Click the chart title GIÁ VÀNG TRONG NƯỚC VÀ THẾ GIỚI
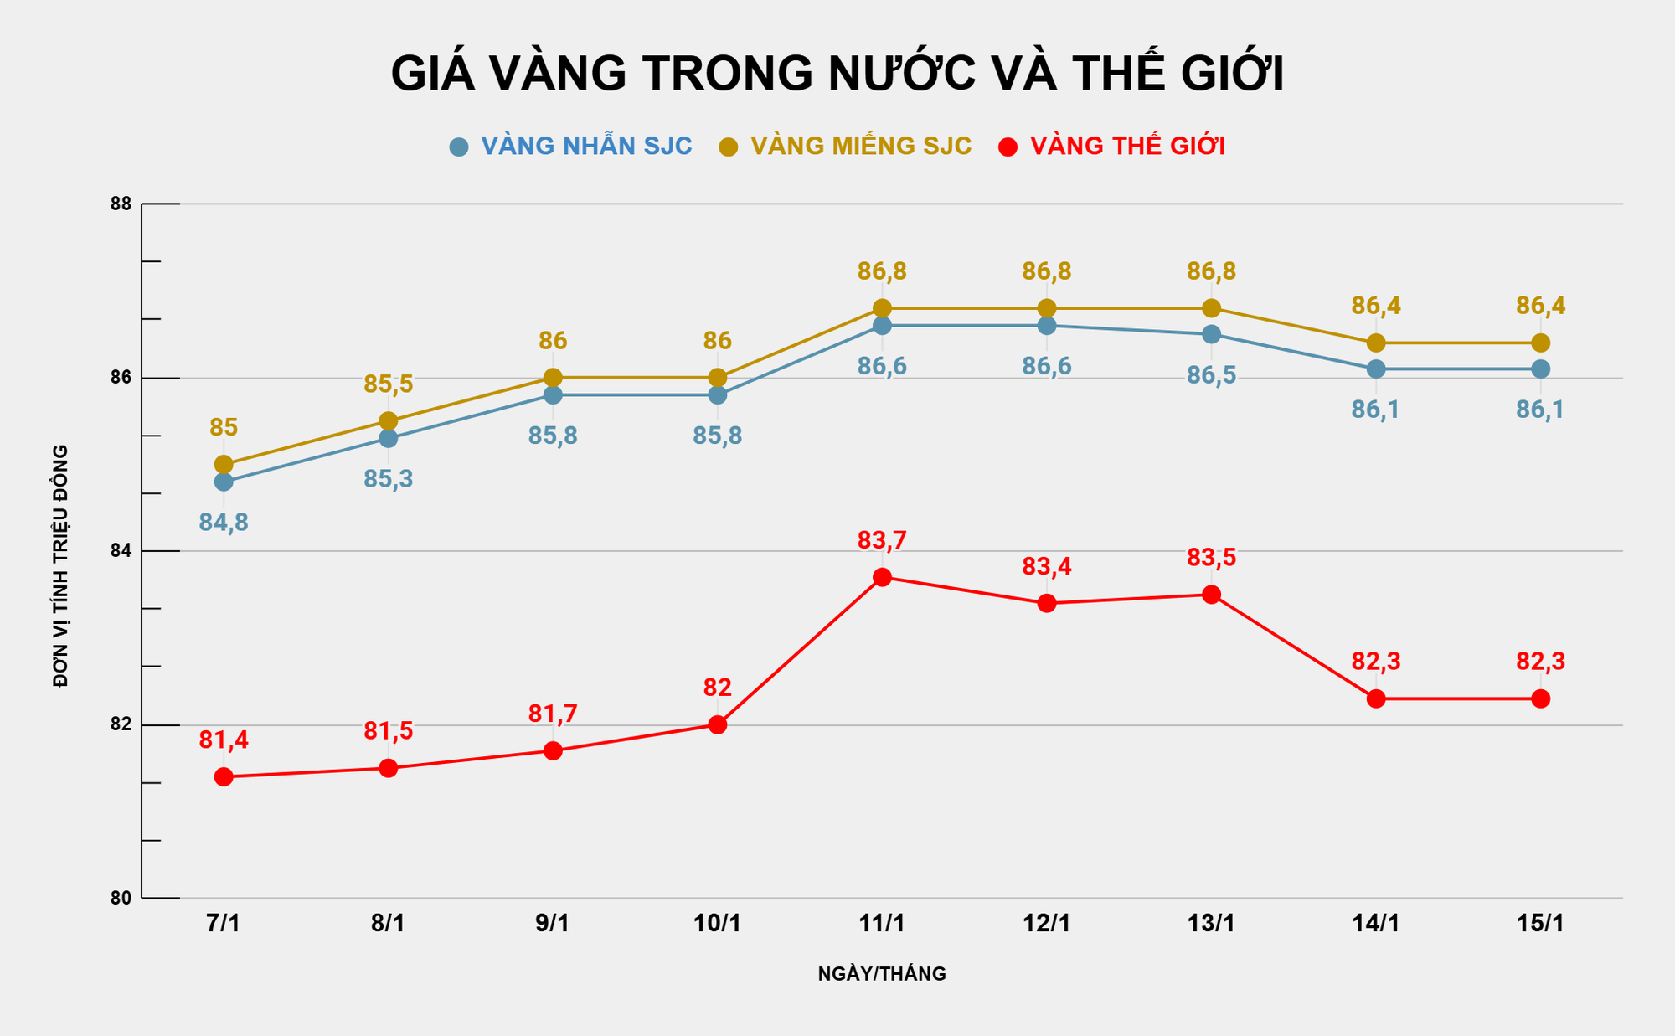[x=837, y=73]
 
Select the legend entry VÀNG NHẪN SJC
[x=585, y=147]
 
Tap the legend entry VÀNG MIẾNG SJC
[x=860, y=147]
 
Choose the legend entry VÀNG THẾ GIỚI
[x=1126, y=147]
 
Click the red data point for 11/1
[x=882, y=577]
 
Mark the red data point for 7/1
[x=224, y=777]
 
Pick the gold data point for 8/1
[x=388, y=420]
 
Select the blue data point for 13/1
[x=1211, y=334]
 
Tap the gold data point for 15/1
[x=1540, y=343]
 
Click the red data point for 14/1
[x=1376, y=698]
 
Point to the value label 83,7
[x=882, y=541]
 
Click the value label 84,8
[x=224, y=523]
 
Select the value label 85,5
[x=388, y=384]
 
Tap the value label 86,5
[x=1211, y=375]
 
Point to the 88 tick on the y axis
[x=121, y=204]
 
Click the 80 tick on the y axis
[x=121, y=898]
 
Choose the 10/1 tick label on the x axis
[x=717, y=924]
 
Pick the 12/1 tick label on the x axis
[x=1046, y=924]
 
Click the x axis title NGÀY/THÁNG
[x=882, y=974]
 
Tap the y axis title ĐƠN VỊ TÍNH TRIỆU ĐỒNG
[x=60, y=566]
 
